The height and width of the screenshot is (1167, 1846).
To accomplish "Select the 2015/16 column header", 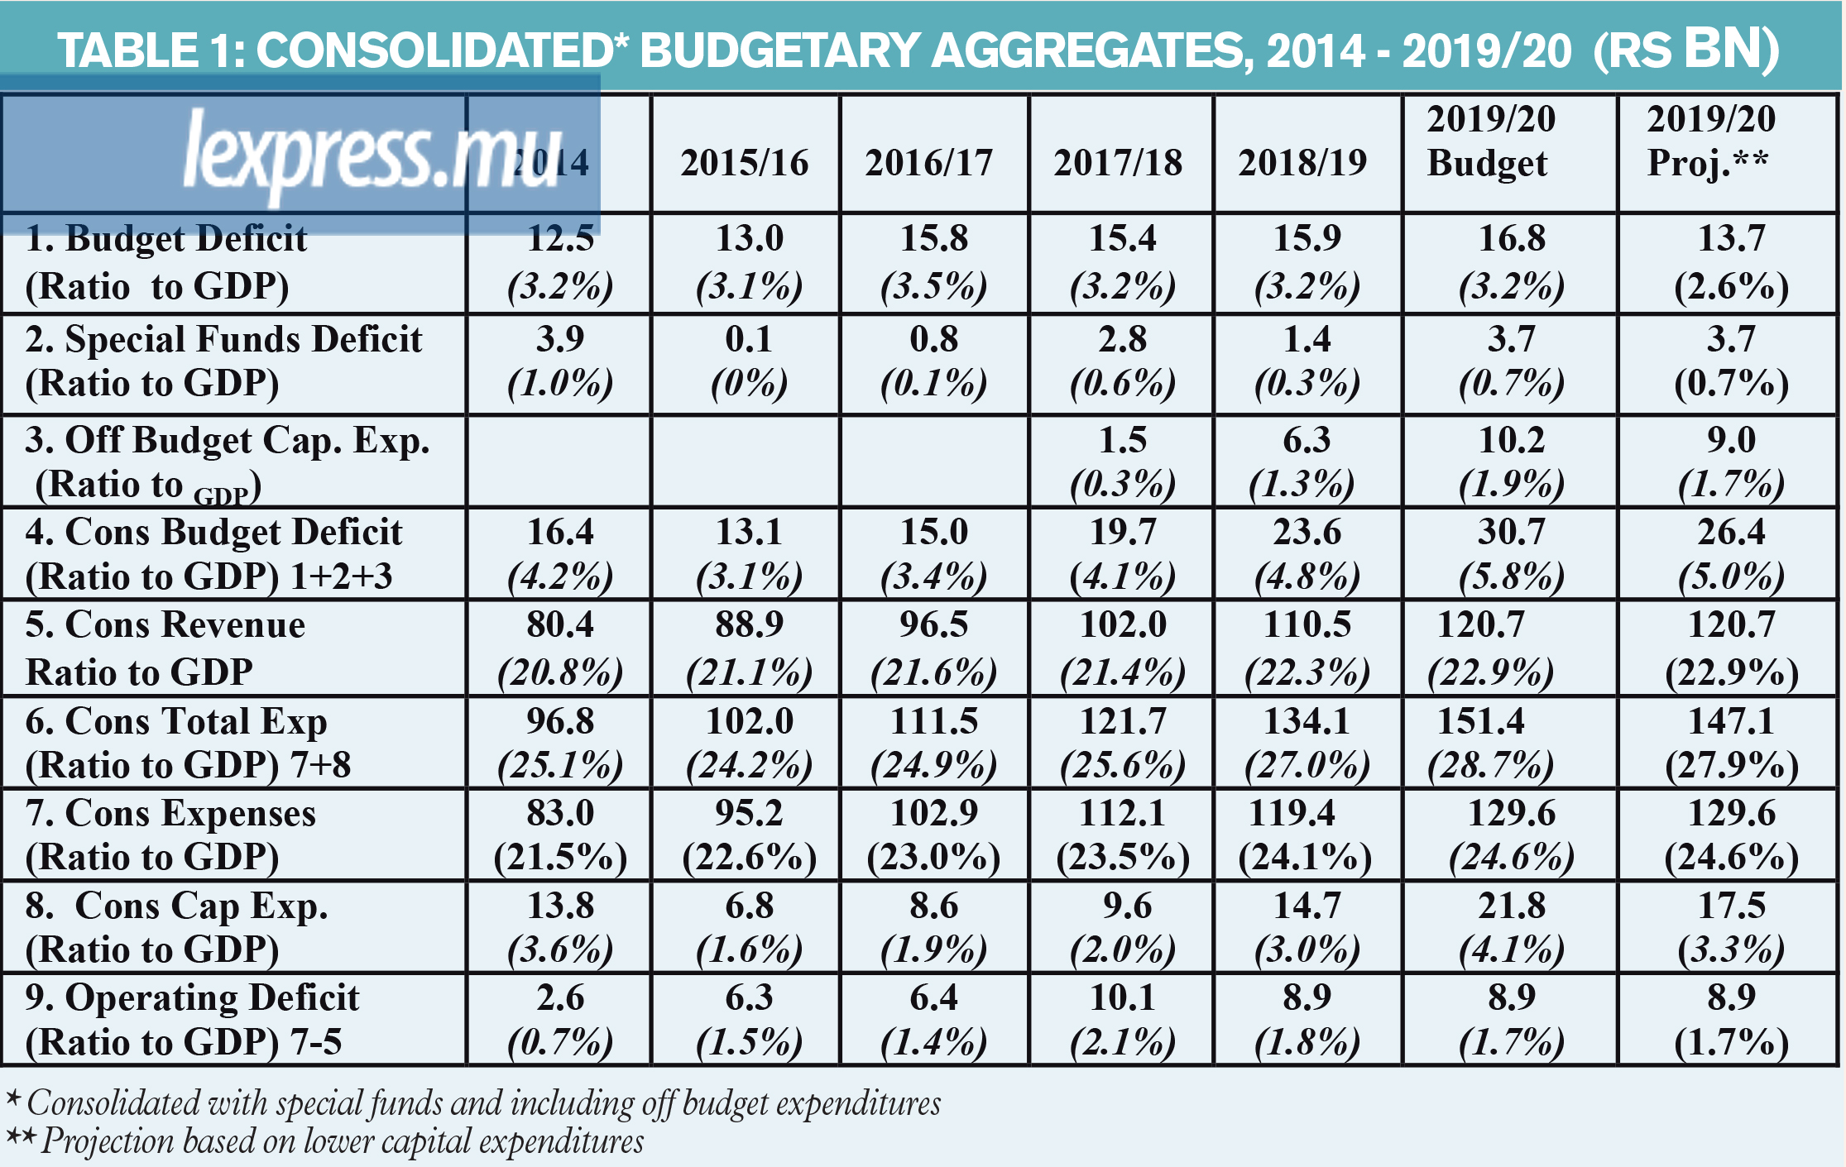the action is pos(745,163).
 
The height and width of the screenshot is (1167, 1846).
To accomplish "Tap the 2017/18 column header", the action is pos(1118,163).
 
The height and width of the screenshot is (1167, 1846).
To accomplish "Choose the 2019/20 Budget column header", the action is pos(1491,141).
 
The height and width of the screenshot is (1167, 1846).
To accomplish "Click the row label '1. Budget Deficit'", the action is pos(166,238).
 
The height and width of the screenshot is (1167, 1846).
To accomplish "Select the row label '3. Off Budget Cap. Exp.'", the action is pos(228,440).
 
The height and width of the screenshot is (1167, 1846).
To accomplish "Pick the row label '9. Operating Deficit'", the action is pos(193,998).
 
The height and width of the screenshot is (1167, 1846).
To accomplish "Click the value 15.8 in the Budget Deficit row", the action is pos(934,238).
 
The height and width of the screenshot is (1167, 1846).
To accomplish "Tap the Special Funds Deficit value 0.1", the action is pos(749,339).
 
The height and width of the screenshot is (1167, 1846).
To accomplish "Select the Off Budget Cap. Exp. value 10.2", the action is pos(1512,440).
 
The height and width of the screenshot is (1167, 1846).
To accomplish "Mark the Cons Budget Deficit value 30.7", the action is pos(1512,532).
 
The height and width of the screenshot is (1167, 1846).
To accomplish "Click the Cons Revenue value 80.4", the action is pos(560,624).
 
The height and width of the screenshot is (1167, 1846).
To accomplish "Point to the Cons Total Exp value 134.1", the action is pos(1307,721).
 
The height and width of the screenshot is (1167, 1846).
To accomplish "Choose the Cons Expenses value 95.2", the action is pos(749,813).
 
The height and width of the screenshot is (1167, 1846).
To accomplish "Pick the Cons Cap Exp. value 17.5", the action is pos(1732,906).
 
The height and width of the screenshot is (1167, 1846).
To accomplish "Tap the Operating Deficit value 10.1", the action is pos(1123,997).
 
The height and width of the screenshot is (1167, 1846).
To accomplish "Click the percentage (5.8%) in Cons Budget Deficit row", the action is pos(1512,577).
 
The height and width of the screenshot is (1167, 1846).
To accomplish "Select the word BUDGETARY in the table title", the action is pos(779,50).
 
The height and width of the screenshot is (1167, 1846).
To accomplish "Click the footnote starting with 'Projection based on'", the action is pos(343,1141).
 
